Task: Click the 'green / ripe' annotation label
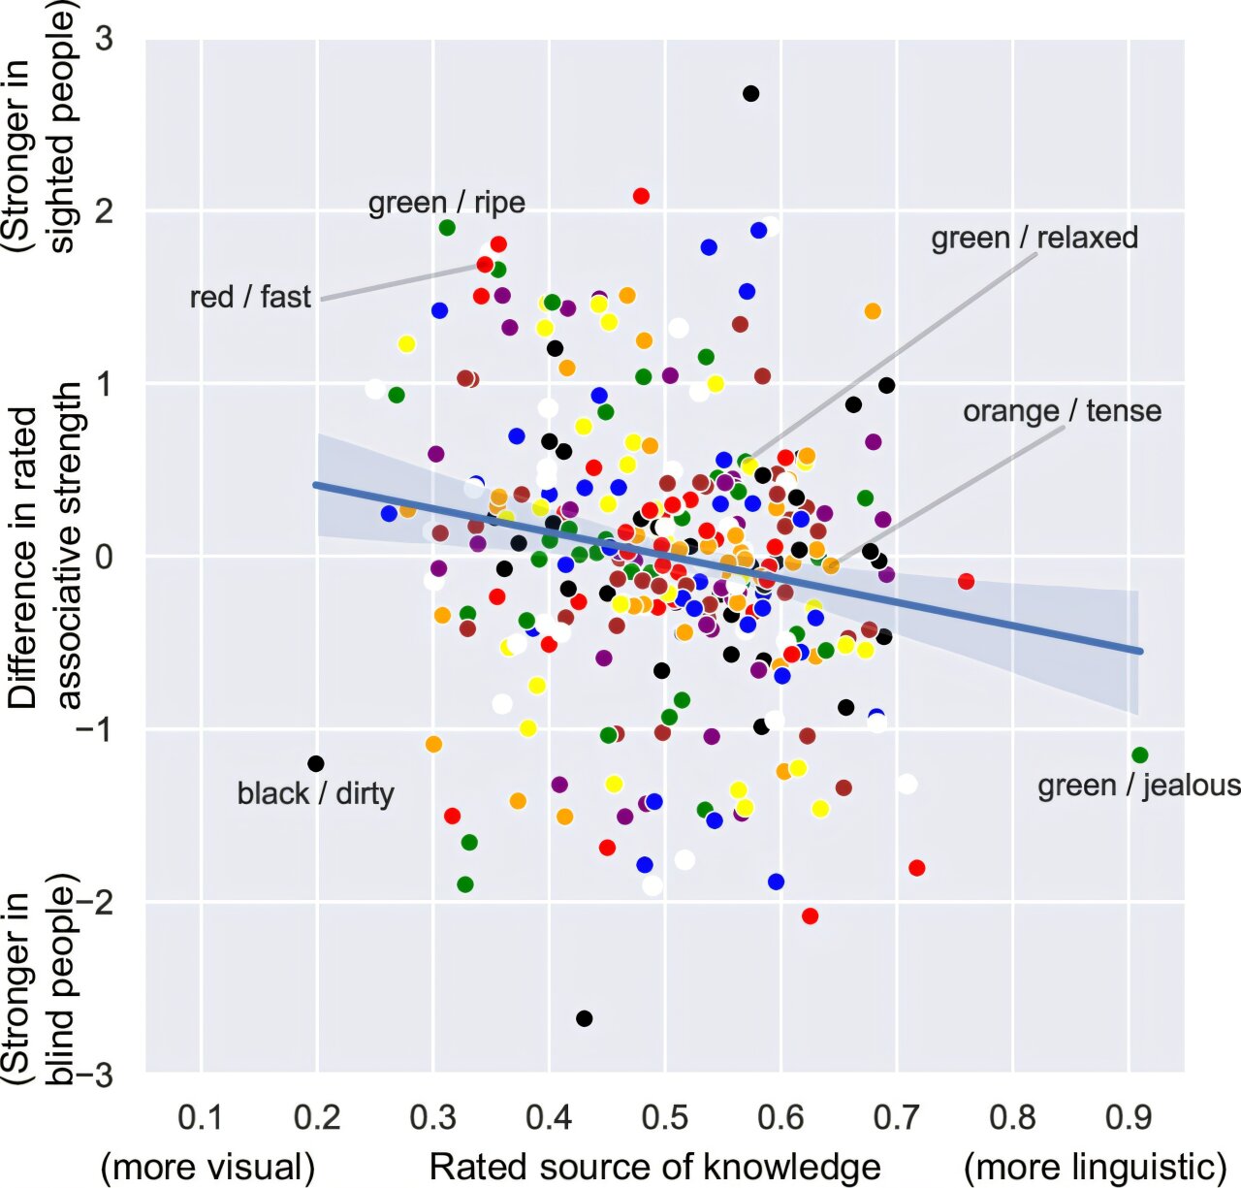pyautogui.click(x=446, y=203)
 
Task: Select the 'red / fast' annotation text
pyautogui.click(x=250, y=297)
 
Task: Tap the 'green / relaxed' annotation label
pyautogui.click(x=1034, y=238)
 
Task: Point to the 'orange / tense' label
pyautogui.click(x=1062, y=411)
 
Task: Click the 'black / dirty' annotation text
pyautogui.click(x=315, y=793)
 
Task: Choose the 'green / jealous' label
pyautogui.click(x=1138, y=785)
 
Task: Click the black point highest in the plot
pyautogui.click(x=750, y=94)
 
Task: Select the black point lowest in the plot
pyautogui.click(x=584, y=1018)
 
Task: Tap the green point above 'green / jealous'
pyautogui.click(x=1139, y=755)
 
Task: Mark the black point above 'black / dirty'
pyautogui.click(x=315, y=764)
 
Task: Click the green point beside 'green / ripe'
pyautogui.click(x=447, y=228)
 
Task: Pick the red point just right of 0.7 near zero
pyautogui.click(x=966, y=582)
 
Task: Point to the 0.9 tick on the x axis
pyautogui.click(x=1129, y=1118)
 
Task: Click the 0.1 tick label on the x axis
pyautogui.click(x=202, y=1118)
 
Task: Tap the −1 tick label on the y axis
pyautogui.click(x=95, y=729)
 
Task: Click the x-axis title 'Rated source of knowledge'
pyautogui.click(x=654, y=1167)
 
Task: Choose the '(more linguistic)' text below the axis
pyautogui.click(x=1095, y=1167)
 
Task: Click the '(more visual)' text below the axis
pyautogui.click(x=207, y=1167)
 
